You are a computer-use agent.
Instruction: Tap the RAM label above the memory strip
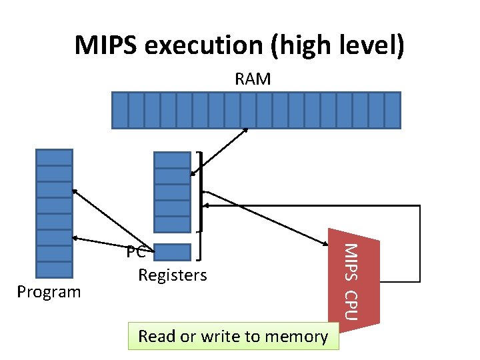coord(253,79)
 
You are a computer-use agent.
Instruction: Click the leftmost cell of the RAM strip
coord(119,110)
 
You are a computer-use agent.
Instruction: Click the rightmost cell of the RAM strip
coord(392,110)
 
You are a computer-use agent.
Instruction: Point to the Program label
coord(49,292)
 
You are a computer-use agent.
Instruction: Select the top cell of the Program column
coord(54,157)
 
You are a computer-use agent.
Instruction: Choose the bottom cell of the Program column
coord(54,269)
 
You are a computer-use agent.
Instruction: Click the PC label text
coord(135,253)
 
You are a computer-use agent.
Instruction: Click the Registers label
coord(172,275)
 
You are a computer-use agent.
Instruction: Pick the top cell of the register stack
coord(172,160)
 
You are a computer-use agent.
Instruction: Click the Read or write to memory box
coord(233,336)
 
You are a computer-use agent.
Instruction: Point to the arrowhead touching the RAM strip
coord(246,130)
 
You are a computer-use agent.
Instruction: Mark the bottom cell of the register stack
coord(172,224)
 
